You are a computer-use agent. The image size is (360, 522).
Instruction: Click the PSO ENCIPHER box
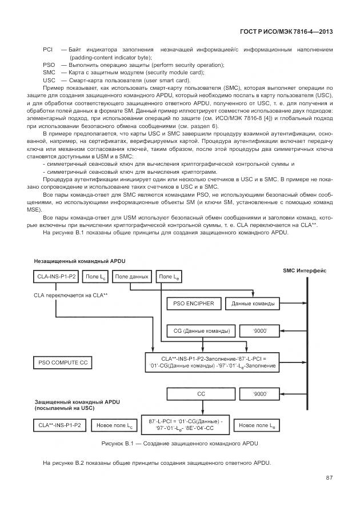click(x=193, y=303)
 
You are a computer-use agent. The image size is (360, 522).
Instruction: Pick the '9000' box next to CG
click(x=261, y=331)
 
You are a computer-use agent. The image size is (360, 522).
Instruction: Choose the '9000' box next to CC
click(x=261, y=394)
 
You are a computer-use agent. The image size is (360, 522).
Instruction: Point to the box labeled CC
click(x=201, y=394)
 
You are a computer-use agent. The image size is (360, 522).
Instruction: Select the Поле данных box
click(x=131, y=277)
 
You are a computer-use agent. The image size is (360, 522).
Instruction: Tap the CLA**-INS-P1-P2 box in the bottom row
click(x=59, y=426)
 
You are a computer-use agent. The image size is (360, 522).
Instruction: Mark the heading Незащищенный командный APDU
click(x=79, y=261)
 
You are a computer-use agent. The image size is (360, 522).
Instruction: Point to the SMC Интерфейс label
click(x=305, y=270)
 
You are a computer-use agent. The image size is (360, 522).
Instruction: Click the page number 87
click(x=329, y=478)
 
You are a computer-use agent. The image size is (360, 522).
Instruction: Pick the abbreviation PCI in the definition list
click(x=48, y=50)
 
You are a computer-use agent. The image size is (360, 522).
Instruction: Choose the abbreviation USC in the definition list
click(x=49, y=80)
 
